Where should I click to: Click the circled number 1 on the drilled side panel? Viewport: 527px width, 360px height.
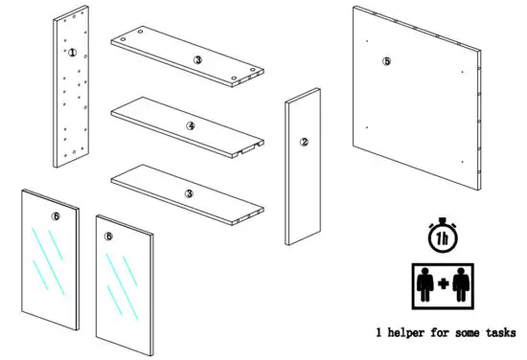72,53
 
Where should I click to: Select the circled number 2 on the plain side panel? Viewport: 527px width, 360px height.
304,143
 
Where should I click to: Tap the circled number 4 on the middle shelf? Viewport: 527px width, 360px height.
191,125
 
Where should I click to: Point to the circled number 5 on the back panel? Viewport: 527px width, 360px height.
387,61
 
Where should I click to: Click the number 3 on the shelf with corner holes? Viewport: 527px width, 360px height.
197,59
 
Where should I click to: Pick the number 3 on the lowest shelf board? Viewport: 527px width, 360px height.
190,193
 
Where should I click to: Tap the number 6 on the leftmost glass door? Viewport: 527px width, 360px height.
56,217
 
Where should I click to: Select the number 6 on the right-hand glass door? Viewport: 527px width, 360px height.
109,236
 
